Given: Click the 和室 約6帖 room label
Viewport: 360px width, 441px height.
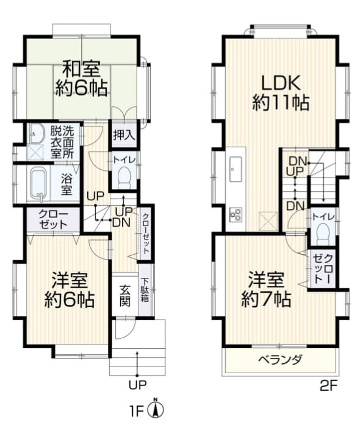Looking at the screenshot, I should [x=81, y=78].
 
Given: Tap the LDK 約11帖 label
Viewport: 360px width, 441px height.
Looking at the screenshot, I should [x=280, y=92].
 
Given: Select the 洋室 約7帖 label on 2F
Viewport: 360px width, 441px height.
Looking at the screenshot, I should [x=265, y=290].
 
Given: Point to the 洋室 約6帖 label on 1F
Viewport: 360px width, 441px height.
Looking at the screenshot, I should [x=69, y=291].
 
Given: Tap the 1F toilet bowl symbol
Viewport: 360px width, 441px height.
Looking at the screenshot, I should [x=124, y=179].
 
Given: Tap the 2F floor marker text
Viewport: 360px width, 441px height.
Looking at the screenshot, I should [x=328, y=385].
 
